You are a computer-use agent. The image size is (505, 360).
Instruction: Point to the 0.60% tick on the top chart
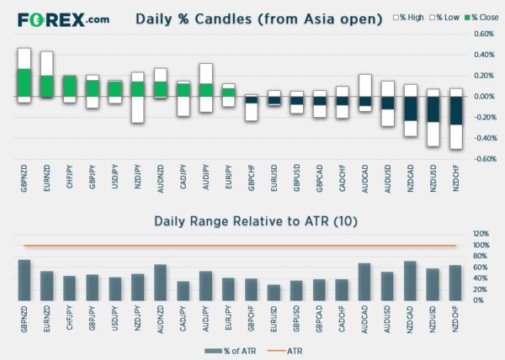coord(482,34)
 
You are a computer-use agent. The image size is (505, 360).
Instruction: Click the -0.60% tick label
coord(481,158)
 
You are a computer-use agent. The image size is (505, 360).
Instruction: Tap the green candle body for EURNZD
coord(47,85)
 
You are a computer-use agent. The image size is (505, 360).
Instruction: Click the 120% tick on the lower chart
coord(481,234)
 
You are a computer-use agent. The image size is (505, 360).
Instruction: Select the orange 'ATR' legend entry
coord(288,349)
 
